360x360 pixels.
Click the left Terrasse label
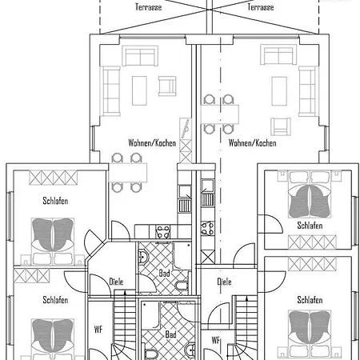149,7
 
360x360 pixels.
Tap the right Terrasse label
261,7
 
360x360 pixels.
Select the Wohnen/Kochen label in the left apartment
152,143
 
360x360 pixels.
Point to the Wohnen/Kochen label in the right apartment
252,143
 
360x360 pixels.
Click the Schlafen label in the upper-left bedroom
55,201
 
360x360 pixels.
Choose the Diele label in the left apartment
116,282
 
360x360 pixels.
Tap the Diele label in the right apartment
224,282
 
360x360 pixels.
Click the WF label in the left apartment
98,330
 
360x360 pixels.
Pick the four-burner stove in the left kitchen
163,232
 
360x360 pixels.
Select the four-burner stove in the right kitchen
207,229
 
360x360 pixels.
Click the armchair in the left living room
167,86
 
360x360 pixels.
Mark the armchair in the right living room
281,126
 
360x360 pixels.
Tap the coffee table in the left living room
139,90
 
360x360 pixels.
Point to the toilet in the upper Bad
182,286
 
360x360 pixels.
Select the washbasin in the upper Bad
143,257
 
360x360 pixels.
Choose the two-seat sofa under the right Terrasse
278,55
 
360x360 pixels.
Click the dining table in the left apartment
128,173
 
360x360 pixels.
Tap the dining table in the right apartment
220,114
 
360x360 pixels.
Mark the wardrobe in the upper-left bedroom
54,178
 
